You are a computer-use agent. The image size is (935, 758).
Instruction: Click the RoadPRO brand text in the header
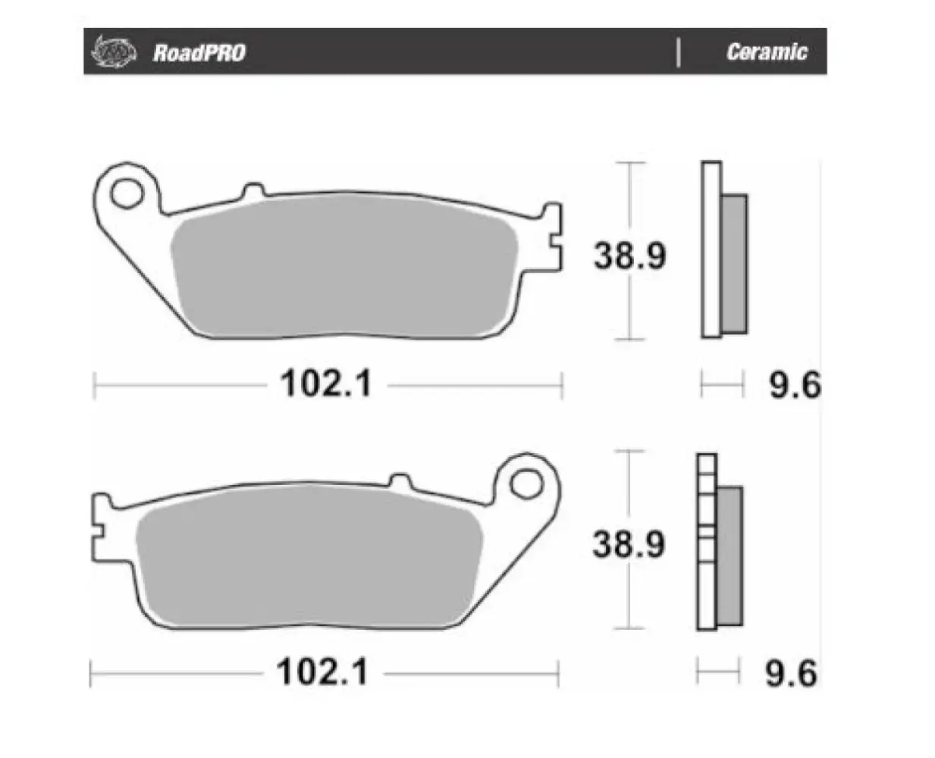(199, 52)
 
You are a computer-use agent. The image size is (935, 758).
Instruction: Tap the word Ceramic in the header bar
(766, 52)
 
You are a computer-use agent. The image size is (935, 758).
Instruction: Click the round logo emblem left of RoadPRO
(114, 52)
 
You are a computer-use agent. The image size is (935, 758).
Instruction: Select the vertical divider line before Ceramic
(678, 52)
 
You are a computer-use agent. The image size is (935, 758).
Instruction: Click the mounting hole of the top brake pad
(126, 193)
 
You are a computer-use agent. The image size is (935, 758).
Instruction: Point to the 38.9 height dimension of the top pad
(629, 255)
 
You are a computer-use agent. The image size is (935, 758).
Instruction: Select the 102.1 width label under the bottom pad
(322, 672)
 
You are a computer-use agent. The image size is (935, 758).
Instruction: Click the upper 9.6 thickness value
(794, 385)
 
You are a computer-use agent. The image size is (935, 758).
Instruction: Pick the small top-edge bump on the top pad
(253, 190)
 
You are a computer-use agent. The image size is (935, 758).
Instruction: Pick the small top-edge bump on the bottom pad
(400, 481)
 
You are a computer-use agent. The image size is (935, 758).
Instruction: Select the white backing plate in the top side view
(711, 250)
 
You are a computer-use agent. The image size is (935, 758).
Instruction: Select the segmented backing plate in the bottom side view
(706, 542)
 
